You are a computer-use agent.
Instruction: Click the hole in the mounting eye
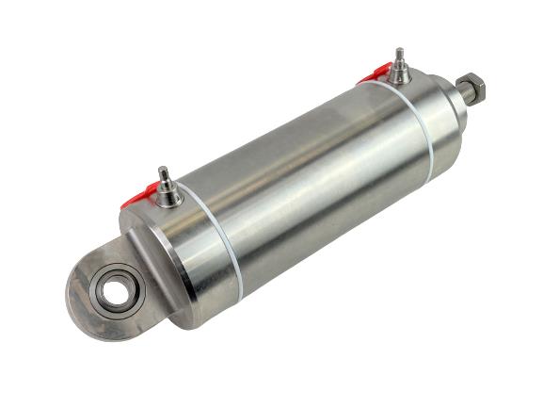[116, 292]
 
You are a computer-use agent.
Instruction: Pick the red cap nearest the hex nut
[375, 73]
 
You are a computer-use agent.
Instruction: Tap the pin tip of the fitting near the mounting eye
[162, 171]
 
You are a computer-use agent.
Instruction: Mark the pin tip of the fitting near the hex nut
[398, 51]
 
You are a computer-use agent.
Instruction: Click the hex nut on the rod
[474, 90]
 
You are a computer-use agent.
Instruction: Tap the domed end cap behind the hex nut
[442, 118]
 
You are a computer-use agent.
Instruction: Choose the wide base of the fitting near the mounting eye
[168, 198]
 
